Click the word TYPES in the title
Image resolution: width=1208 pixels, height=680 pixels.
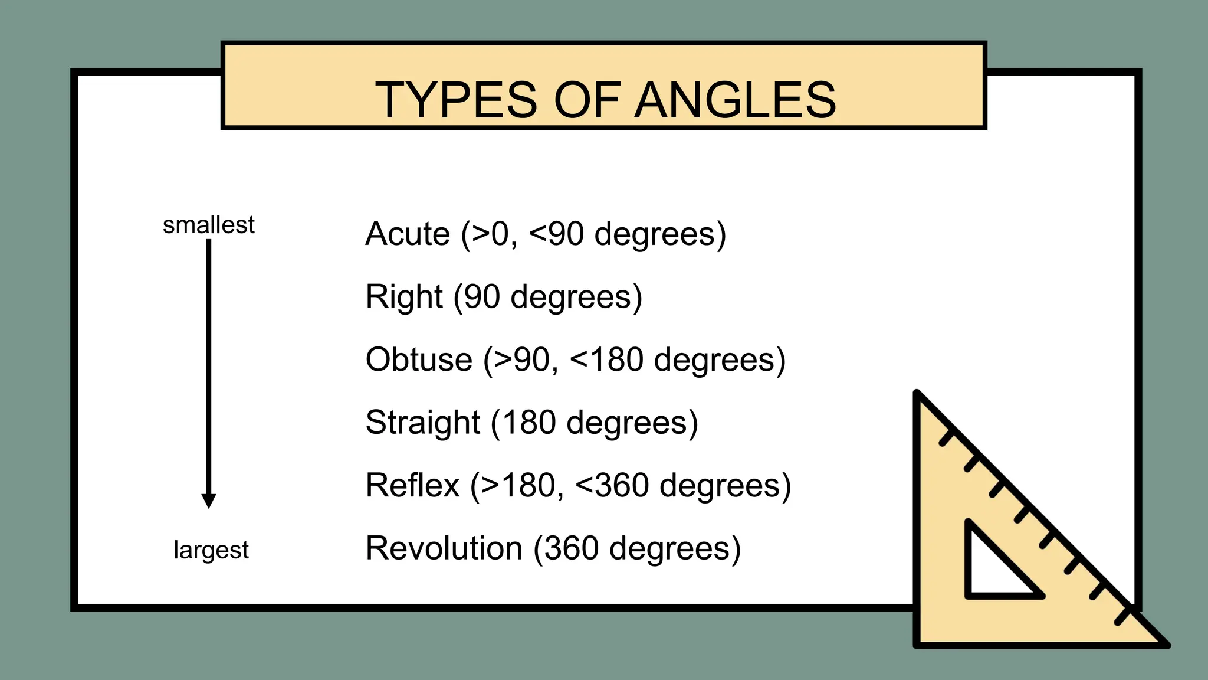456,100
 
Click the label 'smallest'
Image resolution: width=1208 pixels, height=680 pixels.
208,225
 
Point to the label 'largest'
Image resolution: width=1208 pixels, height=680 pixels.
211,550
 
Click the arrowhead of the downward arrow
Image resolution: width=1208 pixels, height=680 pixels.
209,501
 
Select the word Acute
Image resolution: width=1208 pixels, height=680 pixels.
408,234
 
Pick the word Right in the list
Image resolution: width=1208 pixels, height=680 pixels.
404,297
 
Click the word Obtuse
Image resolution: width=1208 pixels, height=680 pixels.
419,359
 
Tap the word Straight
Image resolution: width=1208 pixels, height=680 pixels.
423,423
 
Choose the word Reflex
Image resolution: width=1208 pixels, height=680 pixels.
412,485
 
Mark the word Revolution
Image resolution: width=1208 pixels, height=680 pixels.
444,548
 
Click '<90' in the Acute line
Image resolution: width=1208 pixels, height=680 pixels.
556,234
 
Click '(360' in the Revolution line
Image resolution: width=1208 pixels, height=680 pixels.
566,548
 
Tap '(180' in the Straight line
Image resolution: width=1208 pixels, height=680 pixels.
523,423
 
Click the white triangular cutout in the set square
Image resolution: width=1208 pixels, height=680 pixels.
992,570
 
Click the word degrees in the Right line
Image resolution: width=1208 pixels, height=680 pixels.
576,297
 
